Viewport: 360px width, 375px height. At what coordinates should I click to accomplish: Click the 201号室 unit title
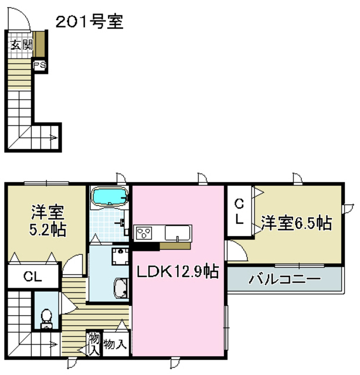89,22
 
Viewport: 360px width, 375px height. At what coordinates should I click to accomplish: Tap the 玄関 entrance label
20,45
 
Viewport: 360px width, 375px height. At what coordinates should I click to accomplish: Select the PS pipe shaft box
40,65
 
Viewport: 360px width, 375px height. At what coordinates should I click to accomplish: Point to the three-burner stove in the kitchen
144,233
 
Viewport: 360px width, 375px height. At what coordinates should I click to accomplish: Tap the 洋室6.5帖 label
297,223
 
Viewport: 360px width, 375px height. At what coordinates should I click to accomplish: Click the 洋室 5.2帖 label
47,220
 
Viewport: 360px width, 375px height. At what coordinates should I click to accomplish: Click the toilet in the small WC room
45,318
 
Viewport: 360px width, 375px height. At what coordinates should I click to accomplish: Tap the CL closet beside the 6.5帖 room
239,212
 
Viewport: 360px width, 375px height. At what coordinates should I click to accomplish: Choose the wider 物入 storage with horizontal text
115,344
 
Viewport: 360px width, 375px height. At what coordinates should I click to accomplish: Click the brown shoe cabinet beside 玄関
40,43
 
